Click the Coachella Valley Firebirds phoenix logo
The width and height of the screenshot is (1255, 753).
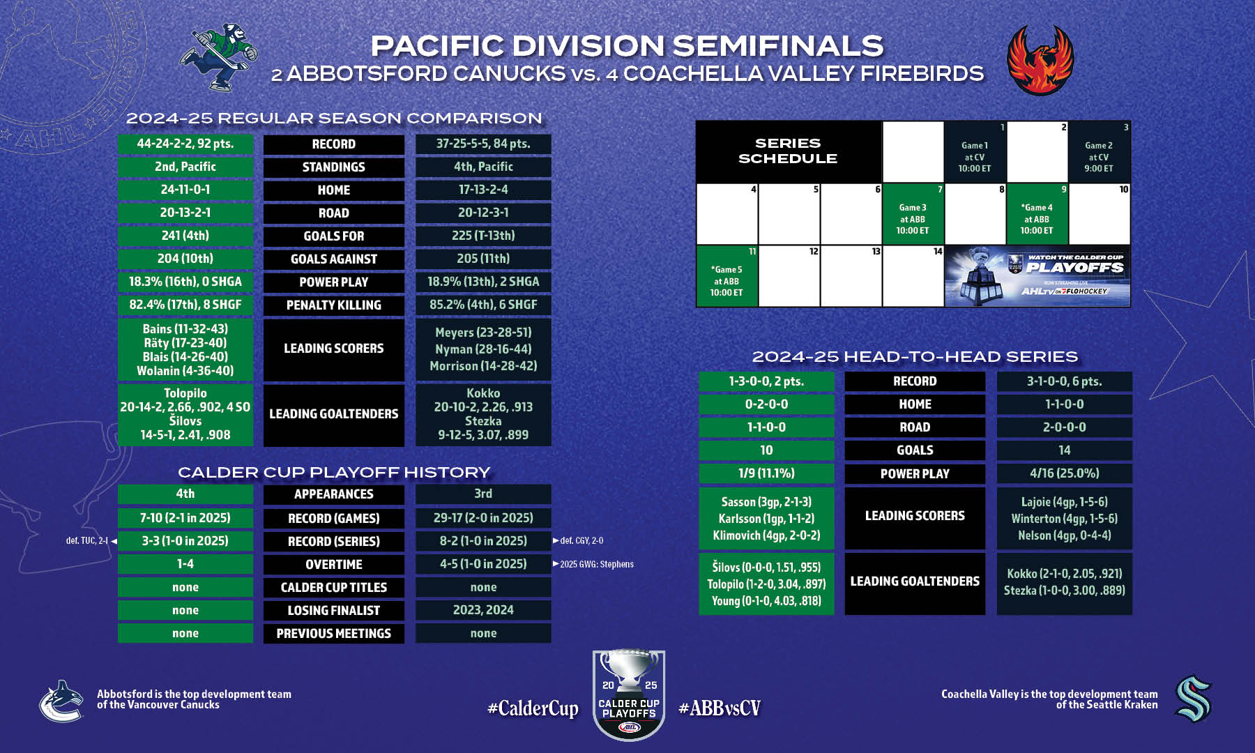click(x=1040, y=61)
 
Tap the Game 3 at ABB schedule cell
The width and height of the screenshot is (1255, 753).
click(x=913, y=214)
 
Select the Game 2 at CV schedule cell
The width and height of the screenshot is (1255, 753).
click(x=1099, y=152)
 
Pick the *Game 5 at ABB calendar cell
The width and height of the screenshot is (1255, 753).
click(x=727, y=276)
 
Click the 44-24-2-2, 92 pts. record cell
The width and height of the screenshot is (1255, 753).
click(x=185, y=144)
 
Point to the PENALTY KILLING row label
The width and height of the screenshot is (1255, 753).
click(x=334, y=305)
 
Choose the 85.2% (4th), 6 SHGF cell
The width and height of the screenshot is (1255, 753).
click(x=483, y=305)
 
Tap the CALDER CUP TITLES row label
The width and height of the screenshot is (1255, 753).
click(x=334, y=587)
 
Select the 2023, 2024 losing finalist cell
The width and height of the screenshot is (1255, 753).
click(x=483, y=610)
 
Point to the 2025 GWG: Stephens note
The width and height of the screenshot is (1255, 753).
click(x=593, y=564)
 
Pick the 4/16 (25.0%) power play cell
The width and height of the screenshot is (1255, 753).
click(x=1065, y=473)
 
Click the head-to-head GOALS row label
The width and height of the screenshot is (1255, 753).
click(x=915, y=450)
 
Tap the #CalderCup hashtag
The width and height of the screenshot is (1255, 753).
click(x=533, y=708)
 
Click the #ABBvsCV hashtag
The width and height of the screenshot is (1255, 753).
click(x=720, y=708)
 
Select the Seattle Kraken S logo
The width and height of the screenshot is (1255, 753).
click(x=1194, y=699)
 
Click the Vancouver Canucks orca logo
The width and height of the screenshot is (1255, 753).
click(x=62, y=701)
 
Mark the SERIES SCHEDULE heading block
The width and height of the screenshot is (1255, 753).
click(x=789, y=151)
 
